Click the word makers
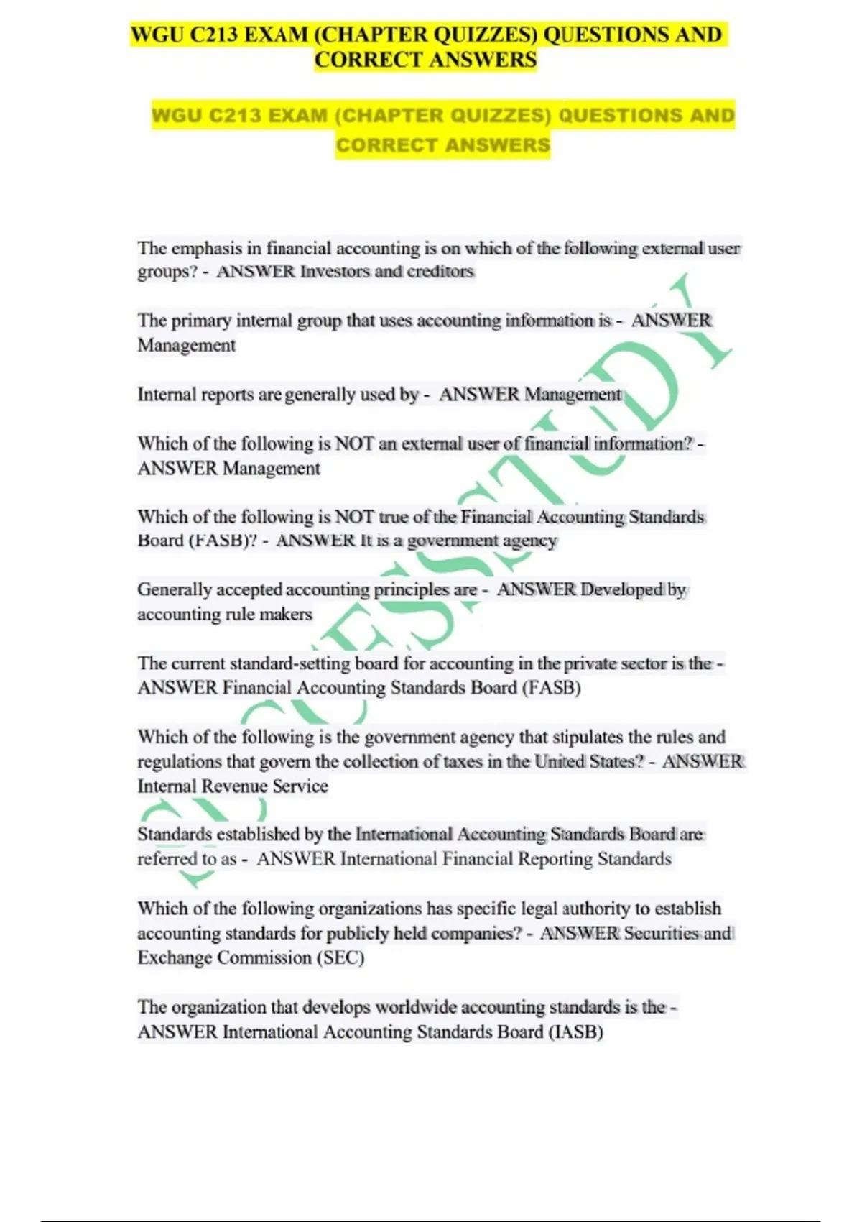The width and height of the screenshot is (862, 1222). click(285, 615)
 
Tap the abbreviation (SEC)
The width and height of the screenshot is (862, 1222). click(340, 957)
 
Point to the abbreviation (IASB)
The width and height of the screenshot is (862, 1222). click(575, 1032)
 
